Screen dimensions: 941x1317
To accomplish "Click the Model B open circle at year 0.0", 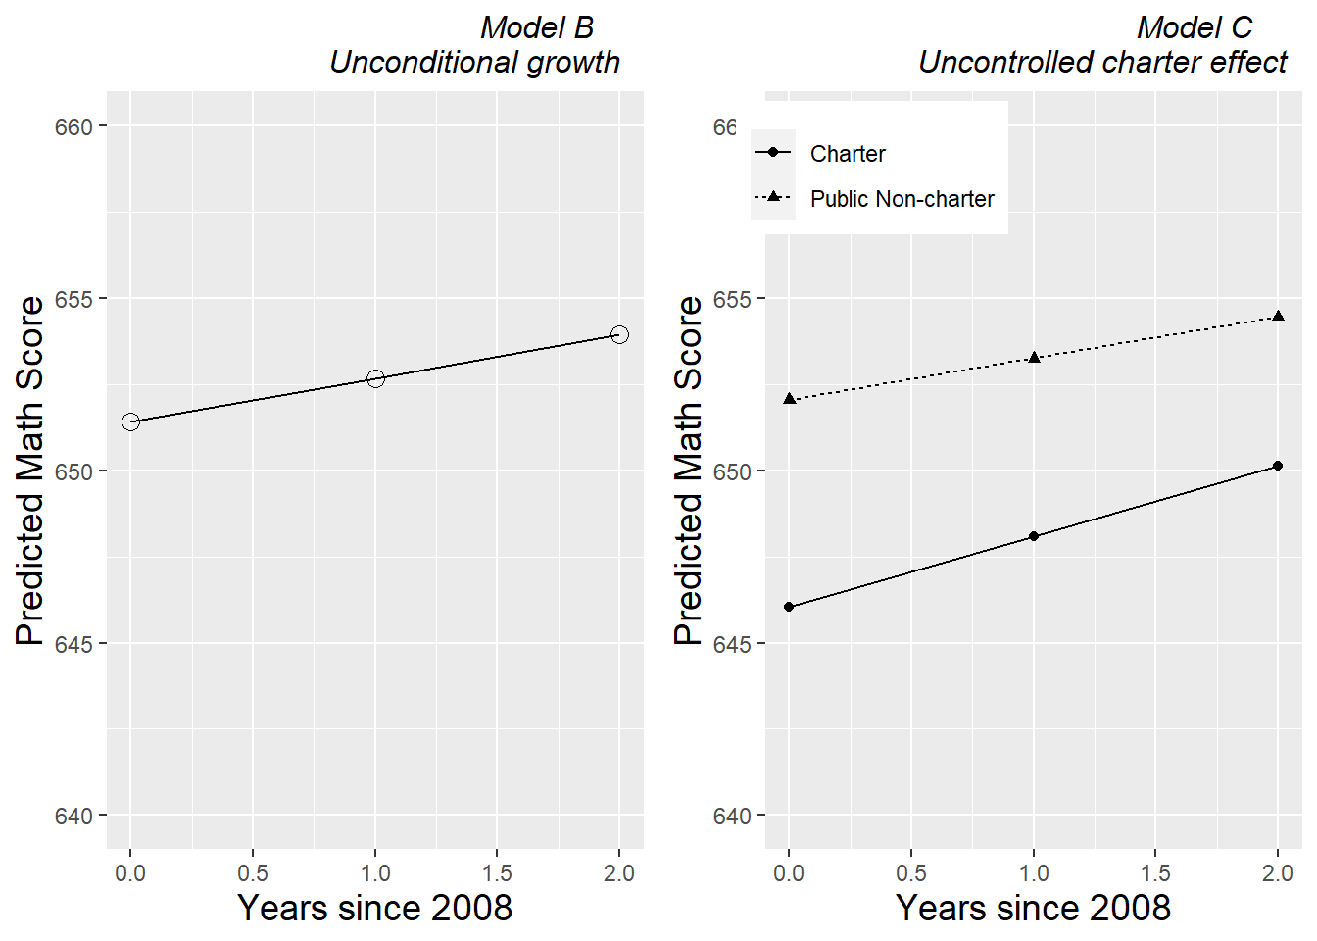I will click(x=130, y=421).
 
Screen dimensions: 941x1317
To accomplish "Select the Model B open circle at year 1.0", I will click(x=375, y=378).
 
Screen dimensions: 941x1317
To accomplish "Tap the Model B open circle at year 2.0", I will click(x=619, y=334).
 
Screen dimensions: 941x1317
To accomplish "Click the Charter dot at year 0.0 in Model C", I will click(x=789, y=607).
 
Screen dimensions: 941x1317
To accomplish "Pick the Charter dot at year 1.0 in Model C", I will click(x=1034, y=536).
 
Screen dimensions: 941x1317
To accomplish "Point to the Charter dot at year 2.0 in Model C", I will click(x=1278, y=466).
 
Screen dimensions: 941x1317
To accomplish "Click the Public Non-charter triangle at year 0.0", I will click(x=789, y=399).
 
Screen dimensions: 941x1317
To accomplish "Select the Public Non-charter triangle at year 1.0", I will click(x=1034, y=358).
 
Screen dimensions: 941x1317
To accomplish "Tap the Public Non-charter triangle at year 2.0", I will click(x=1278, y=316).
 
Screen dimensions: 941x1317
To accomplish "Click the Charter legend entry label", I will click(x=848, y=154).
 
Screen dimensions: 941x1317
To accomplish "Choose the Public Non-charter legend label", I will click(x=902, y=199).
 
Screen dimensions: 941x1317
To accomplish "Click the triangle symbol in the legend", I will click(x=773, y=197).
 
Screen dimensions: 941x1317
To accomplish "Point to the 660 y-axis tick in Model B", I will click(x=73, y=127).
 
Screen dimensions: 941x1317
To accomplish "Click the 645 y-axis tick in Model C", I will click(x=732, y=644).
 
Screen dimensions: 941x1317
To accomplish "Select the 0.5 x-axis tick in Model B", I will click(x=253, y=873).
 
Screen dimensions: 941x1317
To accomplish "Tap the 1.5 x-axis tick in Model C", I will click(x=1155, y=873).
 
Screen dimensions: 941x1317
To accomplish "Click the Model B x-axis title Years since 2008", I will click(x=375, y=908).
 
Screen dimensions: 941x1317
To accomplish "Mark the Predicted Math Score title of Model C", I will click(x=689, y=470).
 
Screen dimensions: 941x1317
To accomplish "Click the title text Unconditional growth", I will click(x=475, y=62).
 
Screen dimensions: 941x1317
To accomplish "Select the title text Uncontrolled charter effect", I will click(x=1102, y=62).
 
